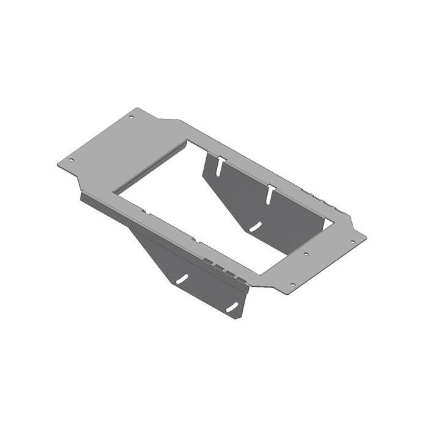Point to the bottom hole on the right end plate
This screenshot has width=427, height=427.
point(292,284)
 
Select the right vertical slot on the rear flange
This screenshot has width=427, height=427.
point(268,194)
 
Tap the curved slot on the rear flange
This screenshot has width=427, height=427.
point(255,226)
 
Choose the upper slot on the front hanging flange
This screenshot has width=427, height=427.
point(182,279)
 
